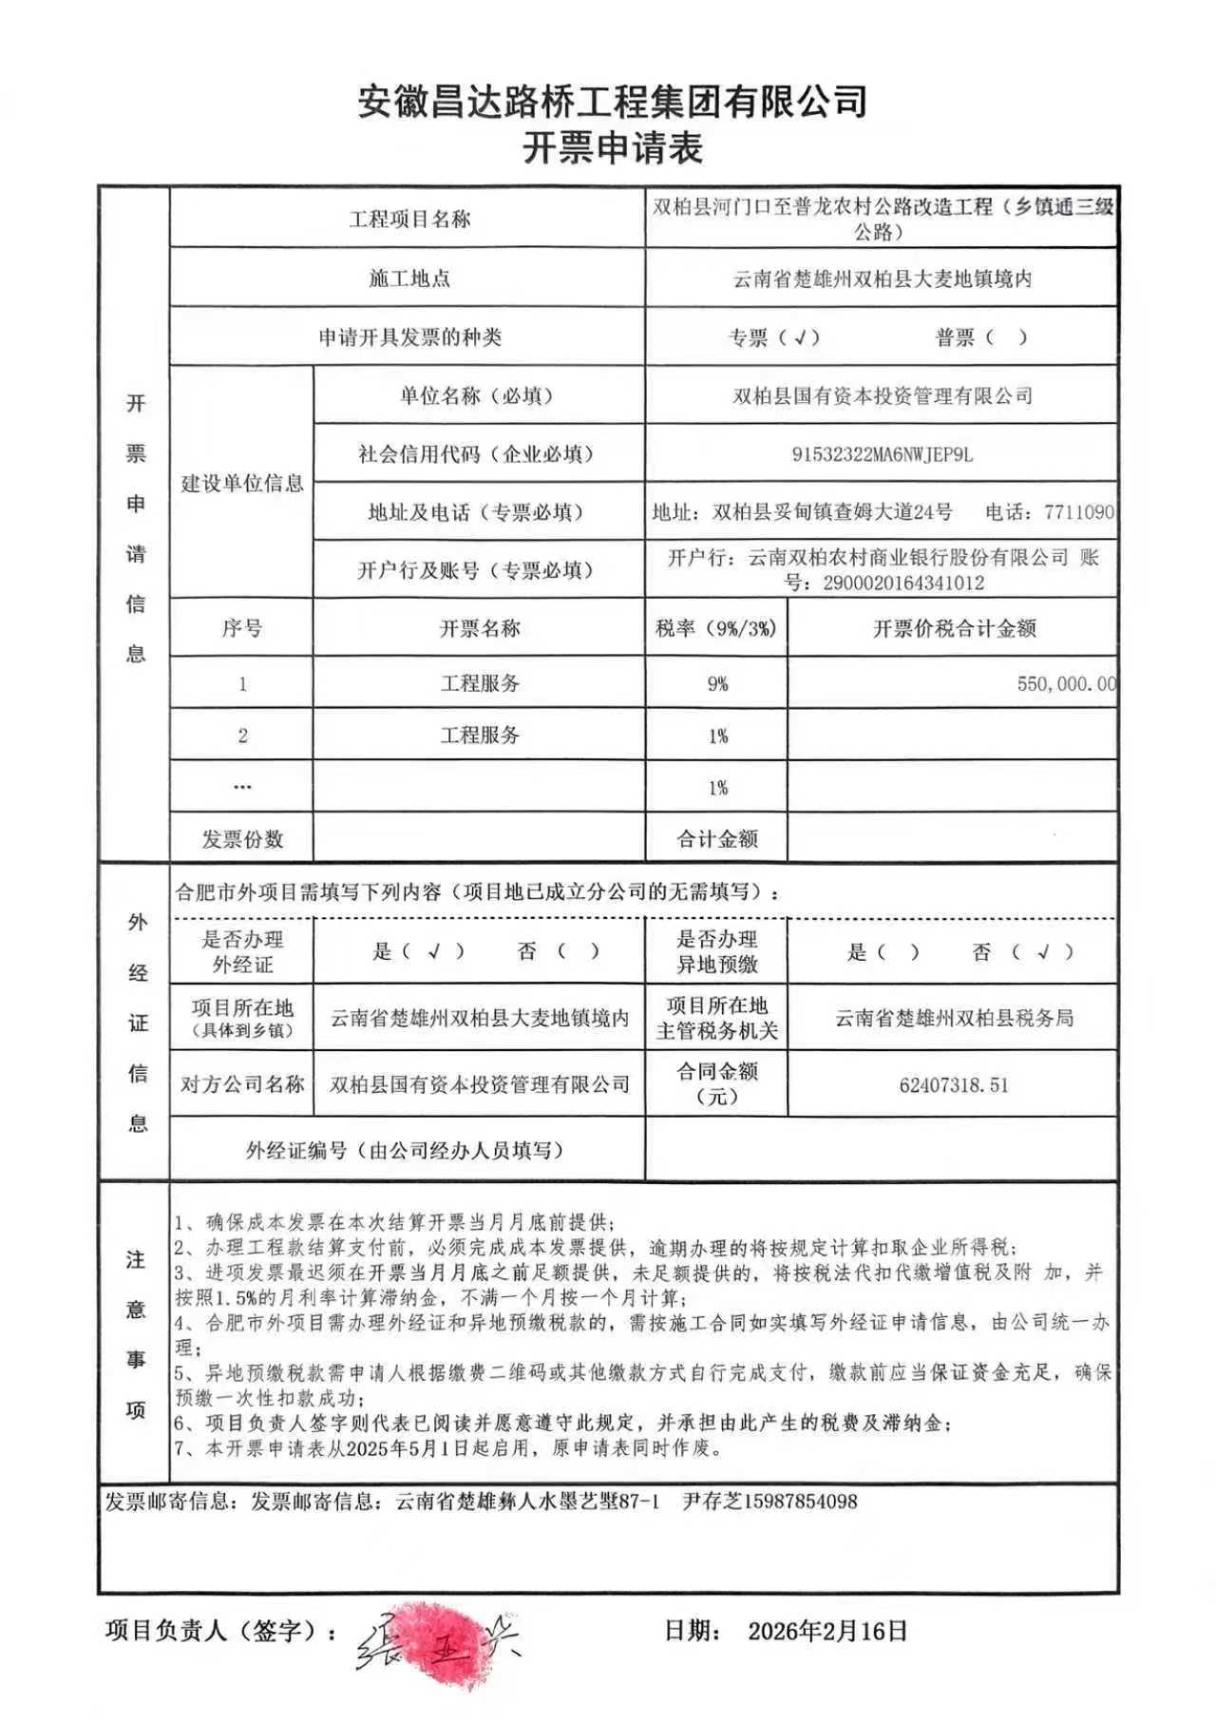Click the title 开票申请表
tap(612, 148)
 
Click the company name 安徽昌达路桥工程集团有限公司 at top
tap(612, 101)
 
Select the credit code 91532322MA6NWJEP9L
tap(882, 454)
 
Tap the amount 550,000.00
tap(1066, 683)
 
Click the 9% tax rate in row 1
tap(717, 683)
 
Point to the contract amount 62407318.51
tap(953, 1084)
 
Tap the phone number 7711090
tap(1078, 512)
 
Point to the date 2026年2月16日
tap(827, 1631)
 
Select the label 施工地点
tap(408, 278)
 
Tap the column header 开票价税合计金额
tap(954, 628)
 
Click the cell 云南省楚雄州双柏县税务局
tap(954, 1018)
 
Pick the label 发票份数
tap(242, 839)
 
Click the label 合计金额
tap(716, 839)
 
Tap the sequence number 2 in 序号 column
tap(242, 736)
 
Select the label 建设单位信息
tap(242, 483)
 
